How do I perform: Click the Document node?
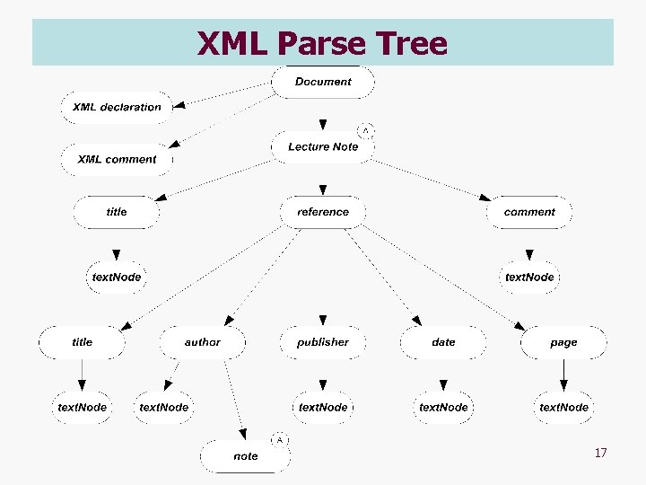323,82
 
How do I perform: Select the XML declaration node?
117,107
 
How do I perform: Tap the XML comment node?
117,159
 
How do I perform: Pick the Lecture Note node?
323,146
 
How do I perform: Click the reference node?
323,212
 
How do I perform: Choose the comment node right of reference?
529,212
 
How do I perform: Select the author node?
203,342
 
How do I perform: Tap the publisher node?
323,342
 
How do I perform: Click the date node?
443,342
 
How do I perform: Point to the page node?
563,342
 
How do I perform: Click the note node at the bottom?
246,456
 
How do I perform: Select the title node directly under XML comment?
117,212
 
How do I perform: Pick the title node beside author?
83,342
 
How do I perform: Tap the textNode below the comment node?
529,277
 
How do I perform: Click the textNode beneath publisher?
323,407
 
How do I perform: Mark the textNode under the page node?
563,407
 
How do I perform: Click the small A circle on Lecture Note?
365,130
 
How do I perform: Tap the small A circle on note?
279,440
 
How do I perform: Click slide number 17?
600,453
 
